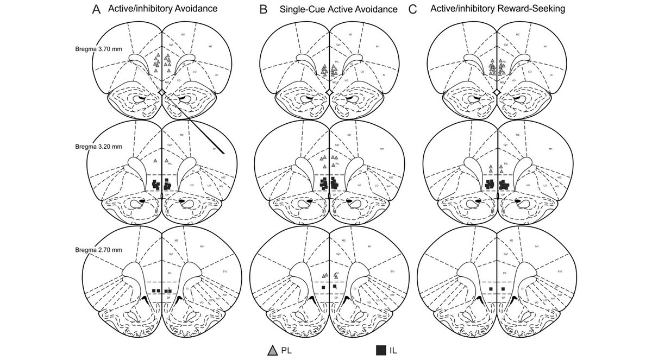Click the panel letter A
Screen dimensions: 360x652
(x=96, y=9)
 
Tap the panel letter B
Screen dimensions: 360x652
(x=264, y=9)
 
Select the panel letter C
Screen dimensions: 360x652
(x=413, y=9)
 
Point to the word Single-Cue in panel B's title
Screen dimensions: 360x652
(x=300, y=9)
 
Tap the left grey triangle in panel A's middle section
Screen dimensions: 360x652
(x=155, y=161)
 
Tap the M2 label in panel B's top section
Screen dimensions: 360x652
(x=351, y=35)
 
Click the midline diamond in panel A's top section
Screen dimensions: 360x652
(x=161, y=94)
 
